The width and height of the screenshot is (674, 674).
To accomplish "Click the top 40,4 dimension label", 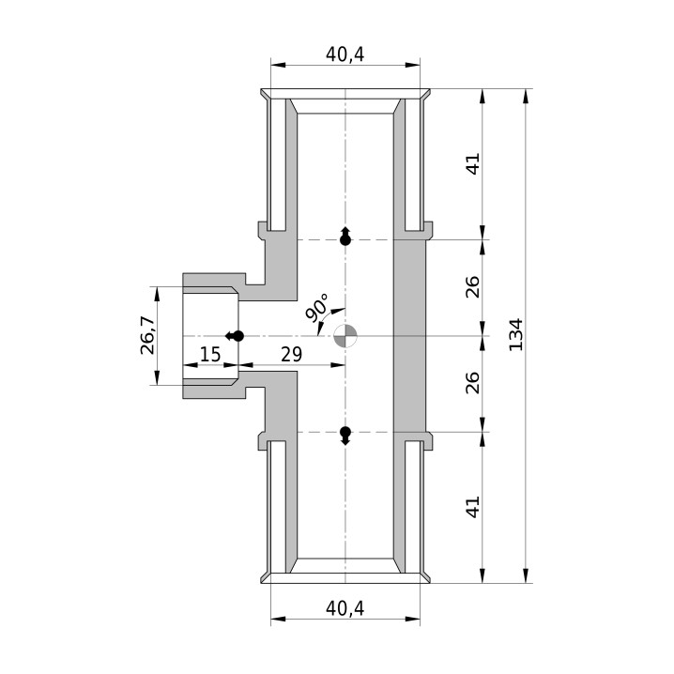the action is (x=345, y=54).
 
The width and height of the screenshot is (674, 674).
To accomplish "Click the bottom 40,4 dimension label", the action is (x=345, y=608).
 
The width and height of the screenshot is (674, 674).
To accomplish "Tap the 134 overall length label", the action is (x=515, y=335).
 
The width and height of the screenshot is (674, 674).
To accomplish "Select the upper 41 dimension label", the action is (x=472, y=163).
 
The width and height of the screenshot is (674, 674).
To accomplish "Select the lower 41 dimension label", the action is (x=472, y=507).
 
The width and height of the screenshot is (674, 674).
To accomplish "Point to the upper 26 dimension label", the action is (x=472, y=286).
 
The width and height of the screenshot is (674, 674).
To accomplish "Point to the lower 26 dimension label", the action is (x=472, y=383).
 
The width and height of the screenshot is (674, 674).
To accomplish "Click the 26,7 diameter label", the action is (x=147, y=335).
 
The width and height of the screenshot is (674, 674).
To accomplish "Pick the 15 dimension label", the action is (x=210, y=355).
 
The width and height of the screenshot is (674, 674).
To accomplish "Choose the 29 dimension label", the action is (x=291, y=355).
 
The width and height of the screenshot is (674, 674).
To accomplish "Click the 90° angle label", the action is (x=317, y=307).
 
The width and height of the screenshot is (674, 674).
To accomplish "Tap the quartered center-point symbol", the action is (x=345, y=336).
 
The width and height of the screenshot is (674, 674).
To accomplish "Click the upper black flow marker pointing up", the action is (x=345, y=236).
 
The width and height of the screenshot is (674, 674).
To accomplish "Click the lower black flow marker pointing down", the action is (x=345, y=436).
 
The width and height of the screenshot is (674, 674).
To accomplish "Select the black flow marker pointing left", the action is (x=235, y=336).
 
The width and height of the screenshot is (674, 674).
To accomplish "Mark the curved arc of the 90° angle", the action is (x=327, y=317).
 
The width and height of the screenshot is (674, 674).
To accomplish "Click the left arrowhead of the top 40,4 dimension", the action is (x=278, y=65).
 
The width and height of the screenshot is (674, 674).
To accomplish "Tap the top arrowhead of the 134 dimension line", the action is (x=526, y=96).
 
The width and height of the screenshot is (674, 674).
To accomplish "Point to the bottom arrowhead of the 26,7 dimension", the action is (x=157, y=377).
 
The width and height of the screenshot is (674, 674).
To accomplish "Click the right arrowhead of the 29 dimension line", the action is (x=338, y=365).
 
